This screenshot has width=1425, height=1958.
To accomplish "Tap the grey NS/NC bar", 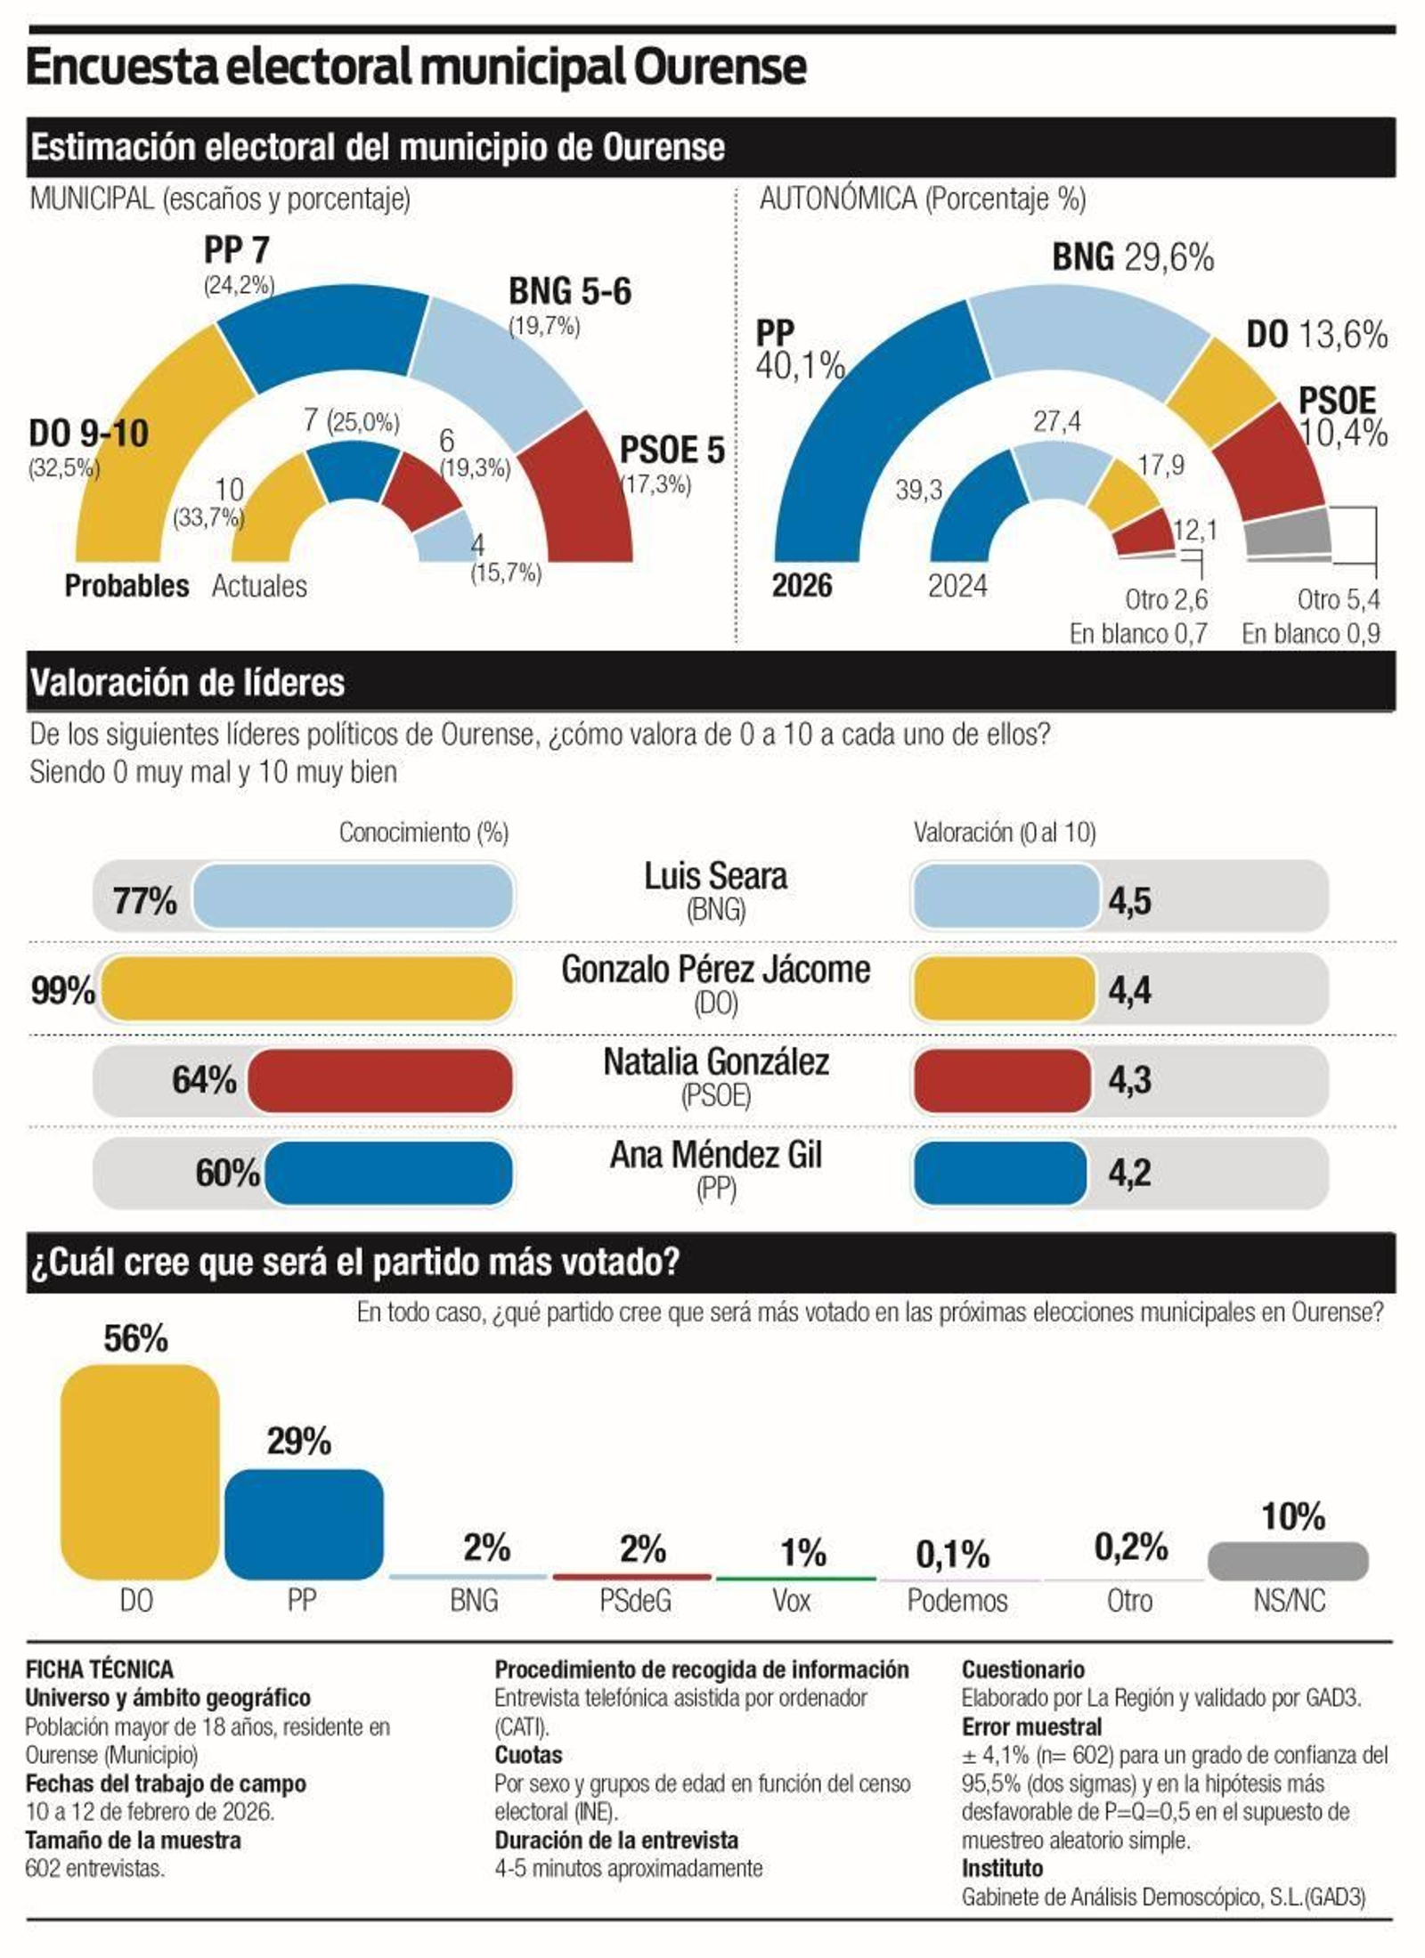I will click(x=1287, y=1561).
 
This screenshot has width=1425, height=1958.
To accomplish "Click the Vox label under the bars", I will click(x=791, y=1600).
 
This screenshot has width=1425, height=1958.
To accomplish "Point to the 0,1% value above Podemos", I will click(x=952, y=1554).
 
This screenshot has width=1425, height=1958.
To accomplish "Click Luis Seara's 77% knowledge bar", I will click(x=354, y=896).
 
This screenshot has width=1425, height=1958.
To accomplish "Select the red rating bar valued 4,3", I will click(x=1002, y=1080).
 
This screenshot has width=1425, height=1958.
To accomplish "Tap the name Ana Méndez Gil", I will click(x=715, y=1155).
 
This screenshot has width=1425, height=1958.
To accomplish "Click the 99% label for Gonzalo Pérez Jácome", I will click(x=62, y=989).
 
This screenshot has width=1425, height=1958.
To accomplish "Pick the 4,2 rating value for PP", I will click(x=1129, y=1173).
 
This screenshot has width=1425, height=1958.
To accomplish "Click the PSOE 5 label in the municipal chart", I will click(x=672, y=451).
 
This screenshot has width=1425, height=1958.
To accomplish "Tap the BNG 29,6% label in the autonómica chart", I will click(x=1132, y=257).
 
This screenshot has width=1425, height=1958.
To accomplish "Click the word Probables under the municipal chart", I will click(x=126, y=586).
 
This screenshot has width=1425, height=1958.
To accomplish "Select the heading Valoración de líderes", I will click(x=187, y=683).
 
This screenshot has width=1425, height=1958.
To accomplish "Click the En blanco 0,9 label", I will click(x=1310, y=633).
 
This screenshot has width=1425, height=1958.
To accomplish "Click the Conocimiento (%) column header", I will click(x=423, y=833).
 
